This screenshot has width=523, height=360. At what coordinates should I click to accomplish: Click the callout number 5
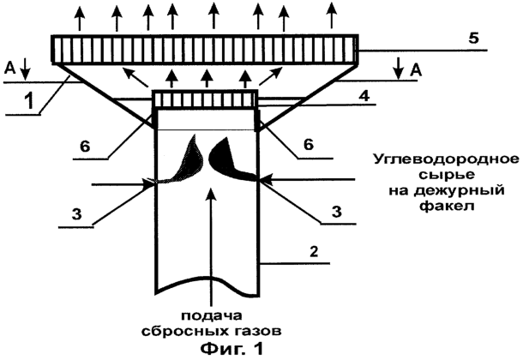point(473,39)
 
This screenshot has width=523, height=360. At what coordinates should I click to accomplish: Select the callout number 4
point(364,96)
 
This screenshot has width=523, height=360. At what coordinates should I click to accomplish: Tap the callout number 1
point(30,101)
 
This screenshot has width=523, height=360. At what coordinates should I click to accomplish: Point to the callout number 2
point(314,251)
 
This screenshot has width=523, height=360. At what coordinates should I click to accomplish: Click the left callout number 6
point(85,147)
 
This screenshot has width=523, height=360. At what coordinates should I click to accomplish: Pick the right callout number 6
point(309,144)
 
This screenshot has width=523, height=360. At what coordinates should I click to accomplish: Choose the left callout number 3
point(76,214)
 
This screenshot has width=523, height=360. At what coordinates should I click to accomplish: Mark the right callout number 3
point(337,212)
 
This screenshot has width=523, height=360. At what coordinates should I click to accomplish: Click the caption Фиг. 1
point(231,349)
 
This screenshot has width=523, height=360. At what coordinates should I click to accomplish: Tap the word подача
point(212,316)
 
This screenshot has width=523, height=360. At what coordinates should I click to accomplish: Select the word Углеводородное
point(446,159)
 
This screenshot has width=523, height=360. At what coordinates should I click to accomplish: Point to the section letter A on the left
point(10,69)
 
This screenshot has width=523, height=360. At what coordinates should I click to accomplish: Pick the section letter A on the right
point(416,70)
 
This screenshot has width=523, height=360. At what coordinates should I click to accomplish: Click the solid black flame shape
point(230,159)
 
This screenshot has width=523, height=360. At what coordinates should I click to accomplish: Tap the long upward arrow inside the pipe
point(210,243)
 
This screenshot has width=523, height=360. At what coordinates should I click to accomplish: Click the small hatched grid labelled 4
point(205,99)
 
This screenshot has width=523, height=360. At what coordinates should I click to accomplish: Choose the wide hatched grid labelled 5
point(205,48)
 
